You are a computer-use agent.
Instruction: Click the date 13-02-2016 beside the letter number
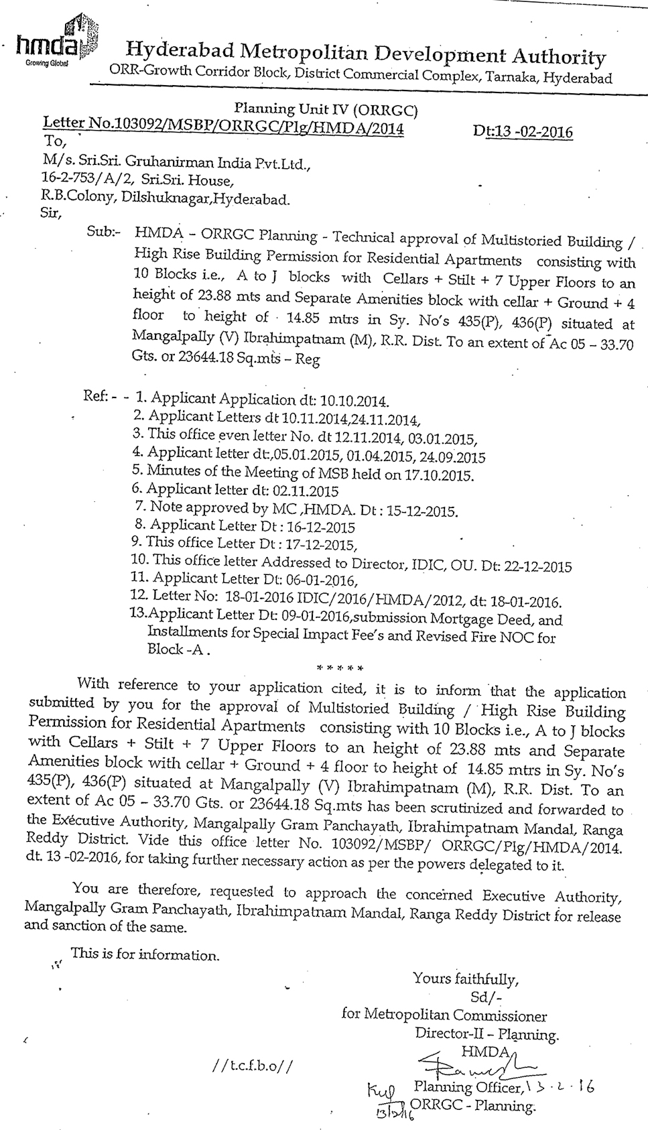(523, 131)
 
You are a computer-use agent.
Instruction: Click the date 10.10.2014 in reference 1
(354, 401)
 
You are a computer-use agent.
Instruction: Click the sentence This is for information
(145, 954)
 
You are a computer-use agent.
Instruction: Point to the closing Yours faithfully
(466, 979)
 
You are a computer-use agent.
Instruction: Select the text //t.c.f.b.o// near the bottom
(251, 1066)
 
